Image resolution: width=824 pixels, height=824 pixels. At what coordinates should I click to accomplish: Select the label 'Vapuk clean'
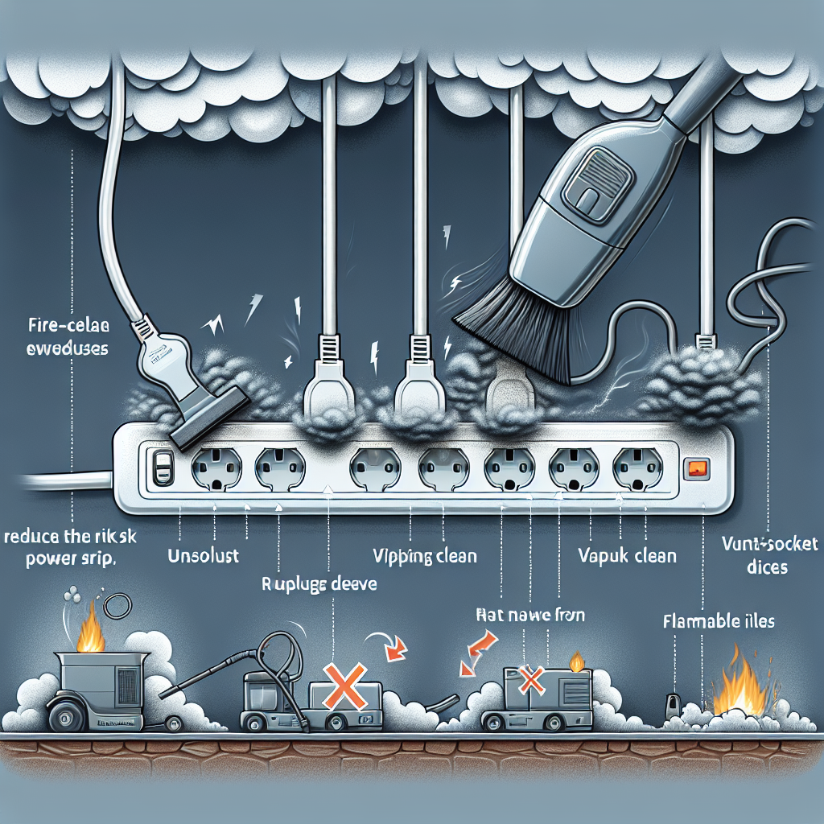(x=627, y=555)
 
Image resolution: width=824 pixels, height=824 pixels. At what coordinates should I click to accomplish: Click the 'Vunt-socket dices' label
(x=769, y=555)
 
